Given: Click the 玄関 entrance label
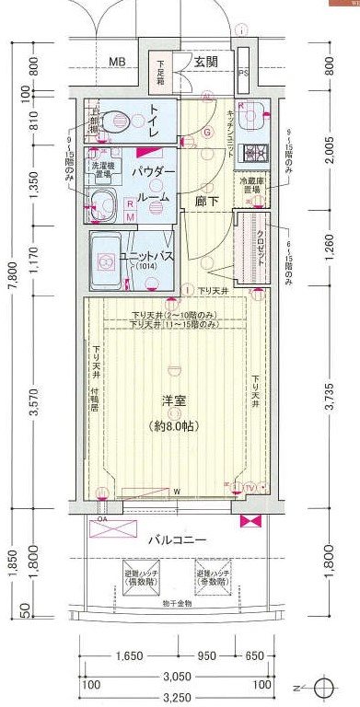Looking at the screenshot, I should pyautogui.click(x=206, y=63).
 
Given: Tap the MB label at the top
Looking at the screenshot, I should pyautogui.click(x=117, y=63).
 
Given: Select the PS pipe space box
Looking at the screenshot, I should pyautogui.click(x=244, y=74).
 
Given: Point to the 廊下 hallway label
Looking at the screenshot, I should pyautogui.click(x=206, y=199).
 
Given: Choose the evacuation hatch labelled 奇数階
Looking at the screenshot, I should pyautogui.click(x=210, y=578).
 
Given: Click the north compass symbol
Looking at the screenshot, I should pyautogui.click(x=320, y=690).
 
